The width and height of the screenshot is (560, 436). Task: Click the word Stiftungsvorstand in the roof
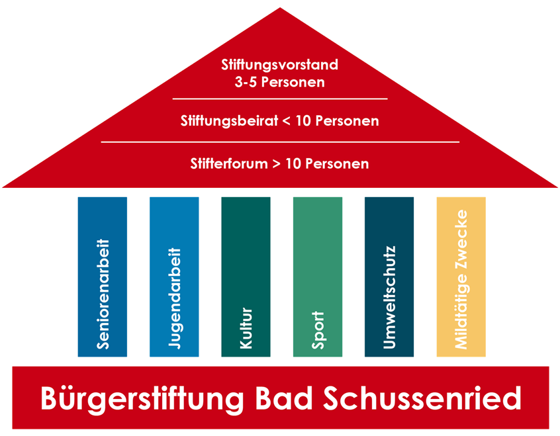point(279,65)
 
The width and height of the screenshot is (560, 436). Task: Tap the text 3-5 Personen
point(279,83)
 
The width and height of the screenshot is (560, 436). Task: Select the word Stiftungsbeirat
point(227,121)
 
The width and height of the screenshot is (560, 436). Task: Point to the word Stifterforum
point(228,163)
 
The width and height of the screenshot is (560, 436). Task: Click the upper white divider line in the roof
point(279,99)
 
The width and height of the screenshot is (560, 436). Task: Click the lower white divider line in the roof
point(279,142)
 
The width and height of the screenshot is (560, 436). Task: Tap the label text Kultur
point(246,329)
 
